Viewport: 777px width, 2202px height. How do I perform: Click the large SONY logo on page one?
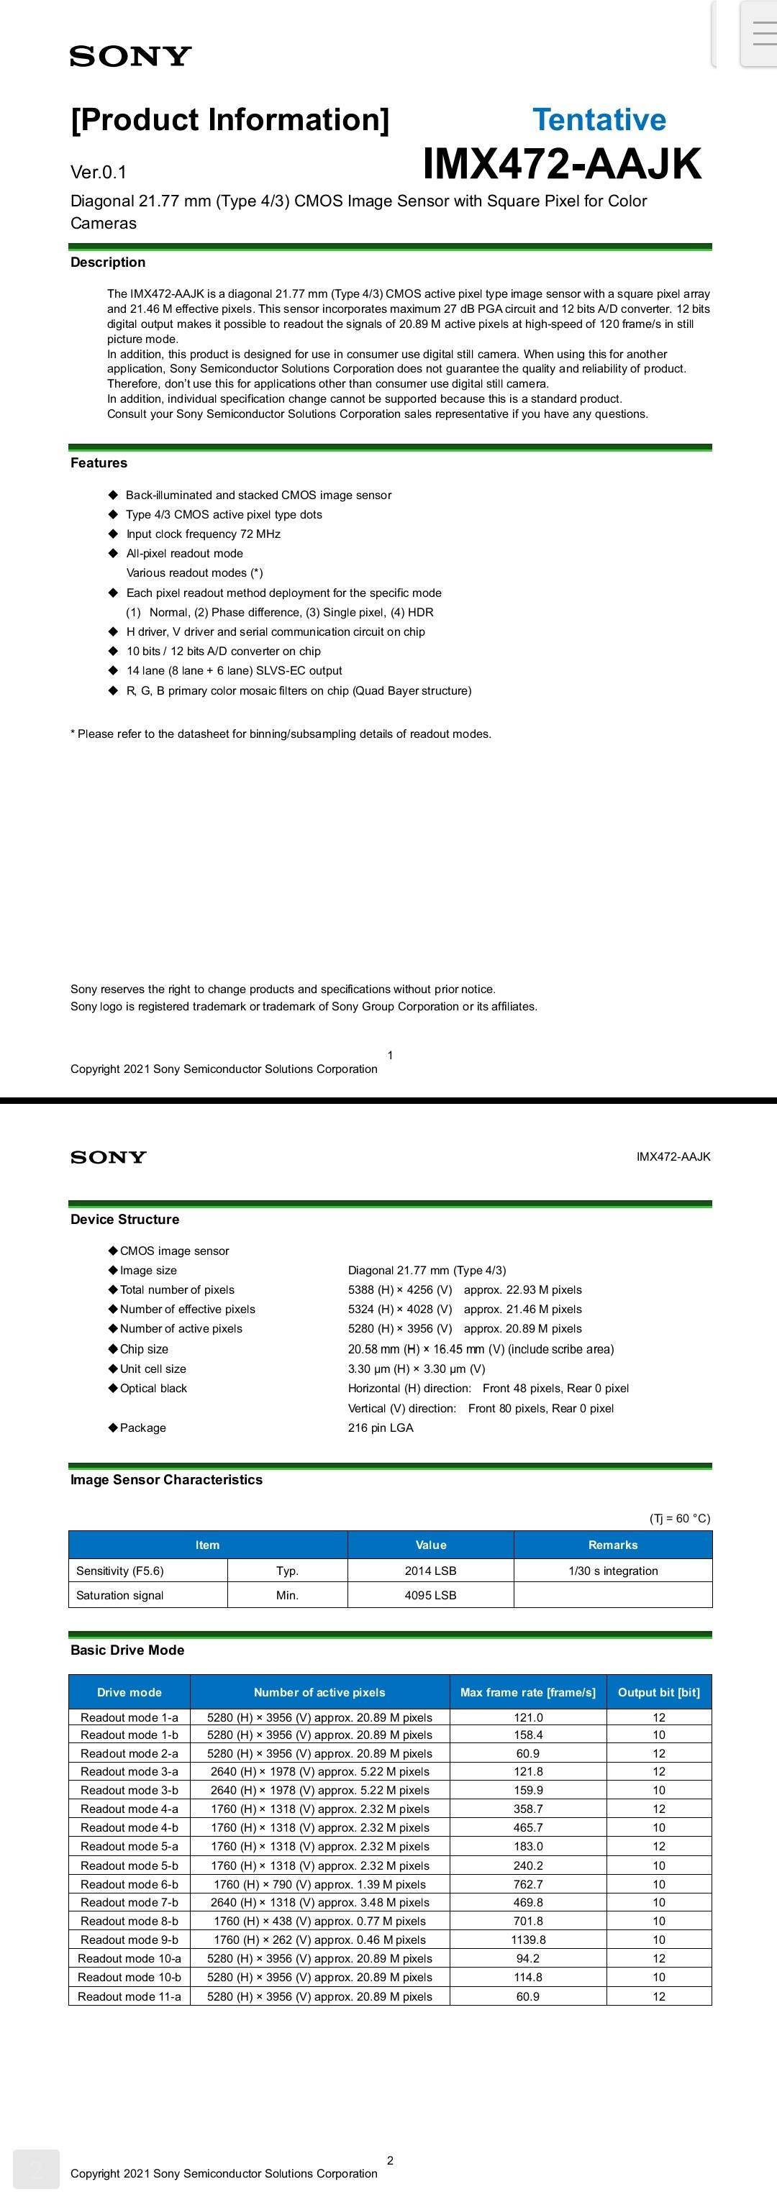(131, 56)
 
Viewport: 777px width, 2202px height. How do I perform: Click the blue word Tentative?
(599, 119)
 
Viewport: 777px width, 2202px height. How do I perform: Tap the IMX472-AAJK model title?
(562, 164)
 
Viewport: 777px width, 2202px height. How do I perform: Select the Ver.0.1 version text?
(99, 173)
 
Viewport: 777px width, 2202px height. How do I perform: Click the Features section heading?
(99, 463)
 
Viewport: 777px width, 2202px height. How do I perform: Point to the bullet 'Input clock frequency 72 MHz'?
(204, 534)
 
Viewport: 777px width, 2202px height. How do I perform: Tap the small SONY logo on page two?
(109, 1157)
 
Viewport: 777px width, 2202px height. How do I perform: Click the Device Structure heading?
(124, 1220)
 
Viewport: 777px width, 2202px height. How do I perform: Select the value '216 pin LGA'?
(381, 1428)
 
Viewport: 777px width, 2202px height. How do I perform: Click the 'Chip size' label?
(144, 1350)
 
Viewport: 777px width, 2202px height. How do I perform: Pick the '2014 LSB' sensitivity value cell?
(430, 1571)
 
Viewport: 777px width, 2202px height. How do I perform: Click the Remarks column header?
(613, 1545)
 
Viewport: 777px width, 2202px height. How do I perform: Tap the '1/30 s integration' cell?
(613, 1571)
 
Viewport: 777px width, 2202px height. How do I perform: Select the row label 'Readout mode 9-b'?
(129, 1940)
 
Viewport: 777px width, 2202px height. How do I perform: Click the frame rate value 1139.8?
(527, 1940)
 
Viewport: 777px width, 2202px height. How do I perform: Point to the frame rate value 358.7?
(527, 1809)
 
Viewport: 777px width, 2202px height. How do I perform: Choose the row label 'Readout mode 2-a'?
(129, 1753)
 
